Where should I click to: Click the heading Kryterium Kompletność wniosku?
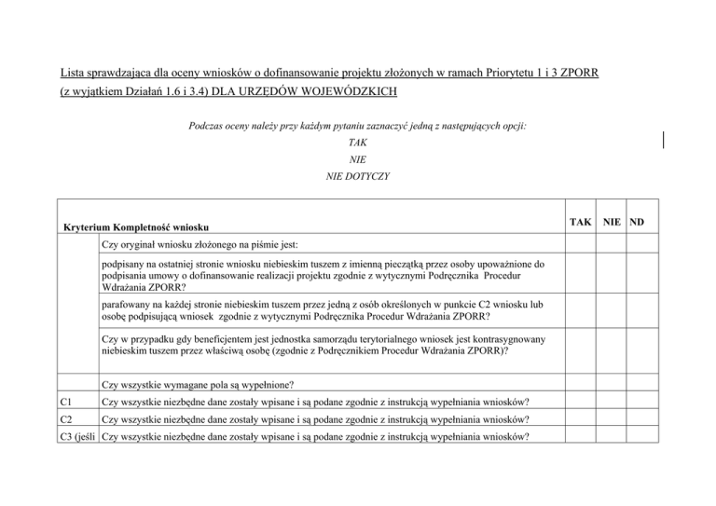[x=136, y=226]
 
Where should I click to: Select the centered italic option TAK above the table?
[x=357, y=144]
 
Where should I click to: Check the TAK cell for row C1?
[x=581, y=403]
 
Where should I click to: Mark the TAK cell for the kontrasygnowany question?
[x=581, y=346]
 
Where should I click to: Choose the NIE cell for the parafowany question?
[x=612, y=310]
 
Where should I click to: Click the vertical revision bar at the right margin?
[x=665, y=140]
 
